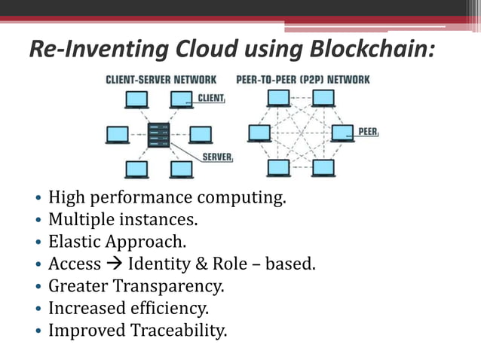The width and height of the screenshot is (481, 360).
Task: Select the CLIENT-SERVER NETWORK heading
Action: coord(161,79)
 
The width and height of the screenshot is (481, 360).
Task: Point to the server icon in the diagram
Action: coord(159,134)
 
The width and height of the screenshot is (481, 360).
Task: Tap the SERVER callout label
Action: coord(217,157)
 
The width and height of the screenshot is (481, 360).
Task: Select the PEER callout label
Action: coord(368,131)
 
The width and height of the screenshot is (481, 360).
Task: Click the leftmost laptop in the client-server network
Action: coord(118,135)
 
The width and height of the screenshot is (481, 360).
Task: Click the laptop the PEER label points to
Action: coord(342,133)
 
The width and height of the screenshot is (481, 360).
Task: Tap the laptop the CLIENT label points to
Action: coord(181,99)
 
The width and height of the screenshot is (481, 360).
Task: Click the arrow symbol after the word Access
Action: coord(115,264)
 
